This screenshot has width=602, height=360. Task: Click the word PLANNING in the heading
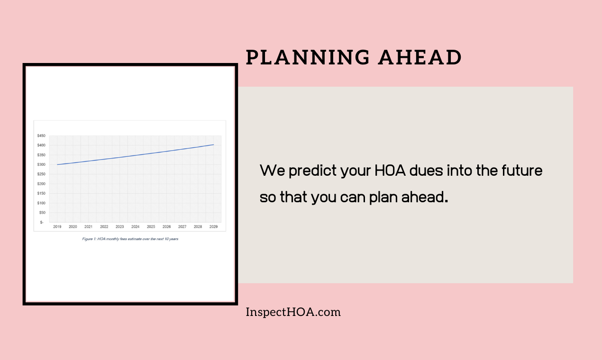(x=308, y=58)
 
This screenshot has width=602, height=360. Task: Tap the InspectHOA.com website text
(x=293, y=312)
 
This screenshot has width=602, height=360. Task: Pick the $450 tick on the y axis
(x=41, y=136)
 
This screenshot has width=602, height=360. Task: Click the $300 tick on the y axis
(x=41, y=165)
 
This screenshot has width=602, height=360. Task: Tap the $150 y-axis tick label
(x=41, y=193)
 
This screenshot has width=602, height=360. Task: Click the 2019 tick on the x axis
(x=57, y=227)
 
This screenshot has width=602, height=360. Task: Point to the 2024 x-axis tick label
(x=135, y=227)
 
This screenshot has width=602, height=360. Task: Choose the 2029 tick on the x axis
(x=213, y=227)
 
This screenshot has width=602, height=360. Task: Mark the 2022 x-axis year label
(x=104, y=227)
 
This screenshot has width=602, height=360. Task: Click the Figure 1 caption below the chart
(x=130, y=239)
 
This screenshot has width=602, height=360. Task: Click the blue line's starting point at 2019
(x=57, y=164)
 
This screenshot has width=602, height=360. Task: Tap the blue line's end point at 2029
(x=213, y=144)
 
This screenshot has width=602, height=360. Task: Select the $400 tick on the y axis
(x=41, y=145)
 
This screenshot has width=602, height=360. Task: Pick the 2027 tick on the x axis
(x=182, y=227)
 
